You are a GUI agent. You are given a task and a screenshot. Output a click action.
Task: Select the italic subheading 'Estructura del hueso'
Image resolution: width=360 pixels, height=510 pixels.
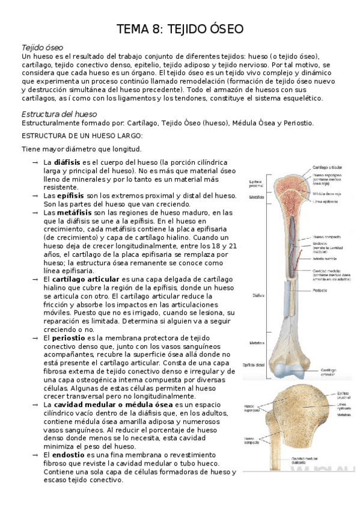click(x=58, y=113)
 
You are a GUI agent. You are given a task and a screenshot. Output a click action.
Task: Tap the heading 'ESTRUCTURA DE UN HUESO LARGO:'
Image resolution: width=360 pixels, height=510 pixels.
click(x=82, y=136)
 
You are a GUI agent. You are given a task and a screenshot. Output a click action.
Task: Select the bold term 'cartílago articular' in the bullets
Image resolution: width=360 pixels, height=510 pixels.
click(x=87, y=280)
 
